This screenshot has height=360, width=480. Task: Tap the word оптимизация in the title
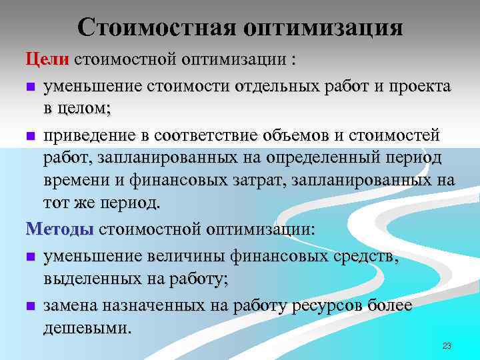click(324, 27)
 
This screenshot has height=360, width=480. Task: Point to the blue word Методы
click(60, 229)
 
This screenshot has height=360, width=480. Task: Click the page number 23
click(447, 345)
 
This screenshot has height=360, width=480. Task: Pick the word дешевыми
click(87, 328)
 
